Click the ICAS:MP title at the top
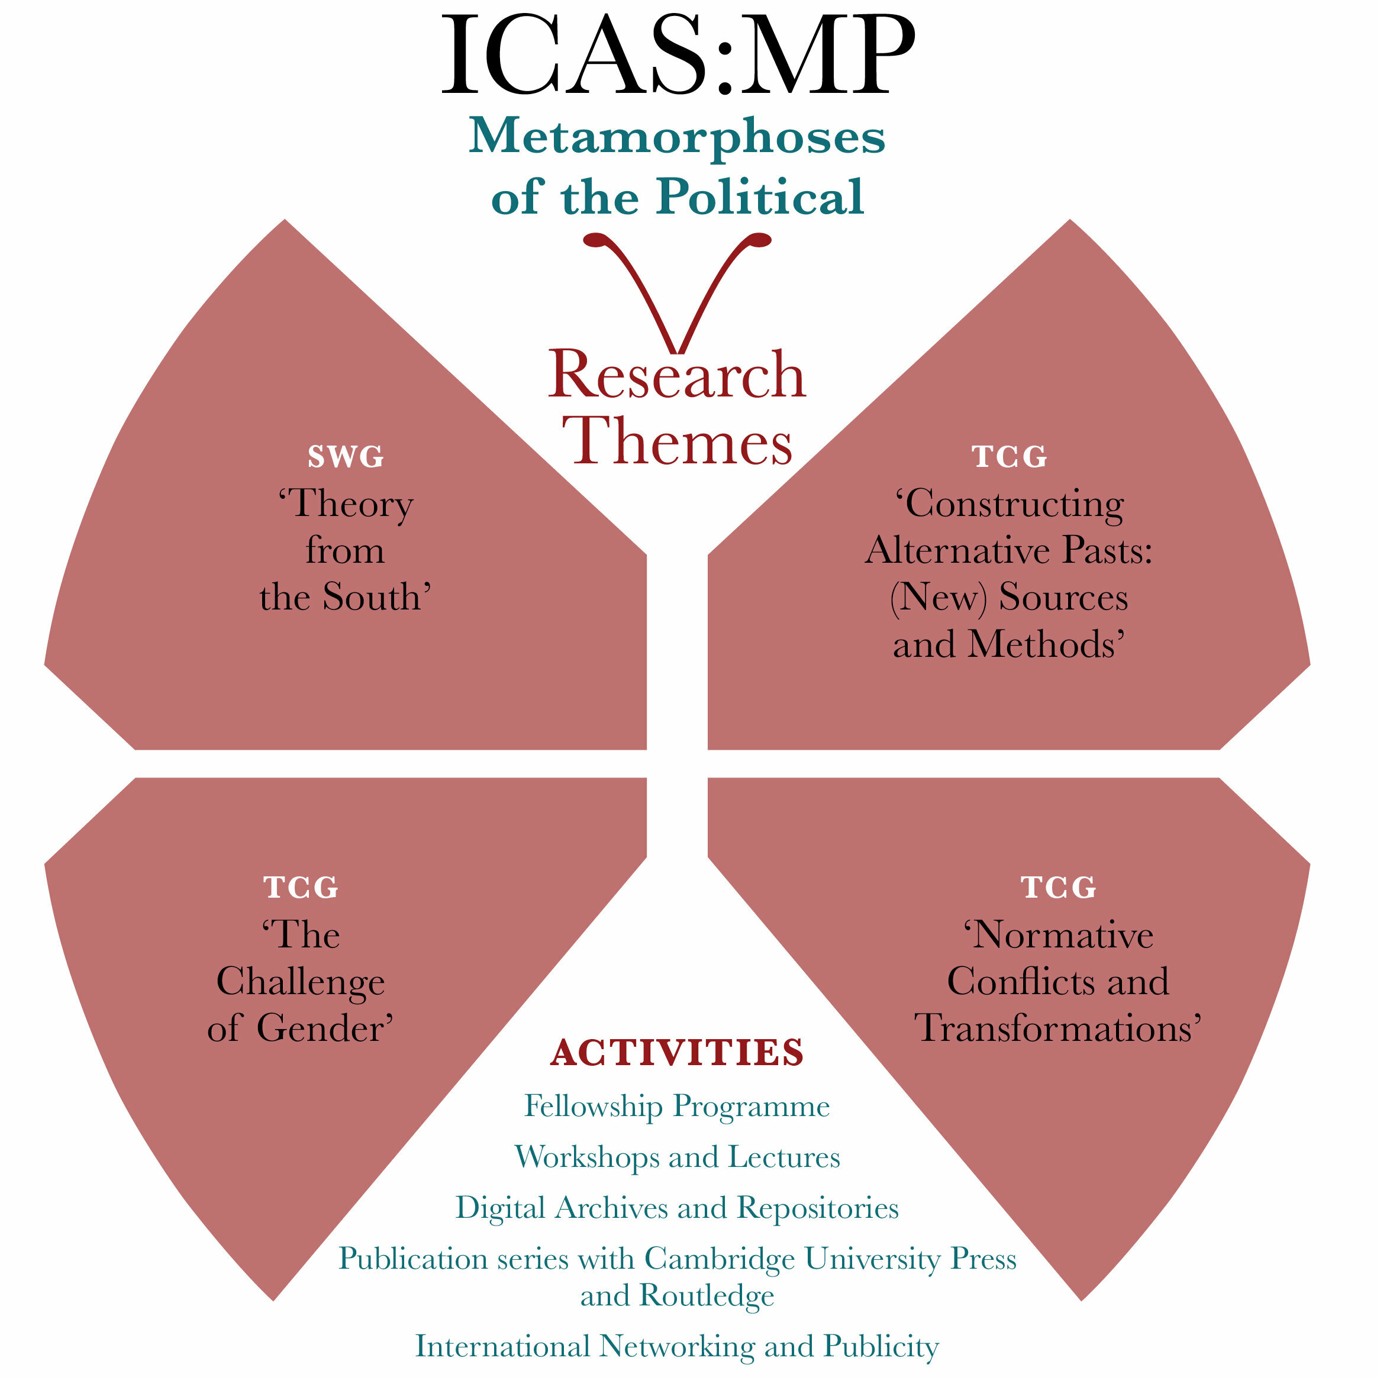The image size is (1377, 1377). point(678,55)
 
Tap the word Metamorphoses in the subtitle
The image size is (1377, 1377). point(676,137)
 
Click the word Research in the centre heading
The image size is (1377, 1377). point(676,375)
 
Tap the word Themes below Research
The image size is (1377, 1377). point(678,440)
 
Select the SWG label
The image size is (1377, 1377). point(346,457)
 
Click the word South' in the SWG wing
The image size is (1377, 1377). point(377,596)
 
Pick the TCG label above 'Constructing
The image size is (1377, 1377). point(1010,457)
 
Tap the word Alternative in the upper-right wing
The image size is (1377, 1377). point(959,550)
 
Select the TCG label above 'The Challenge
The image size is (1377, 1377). point(301,888)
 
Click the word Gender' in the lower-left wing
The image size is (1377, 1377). point(325,1028)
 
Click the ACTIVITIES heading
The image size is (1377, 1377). point(677,1052)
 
